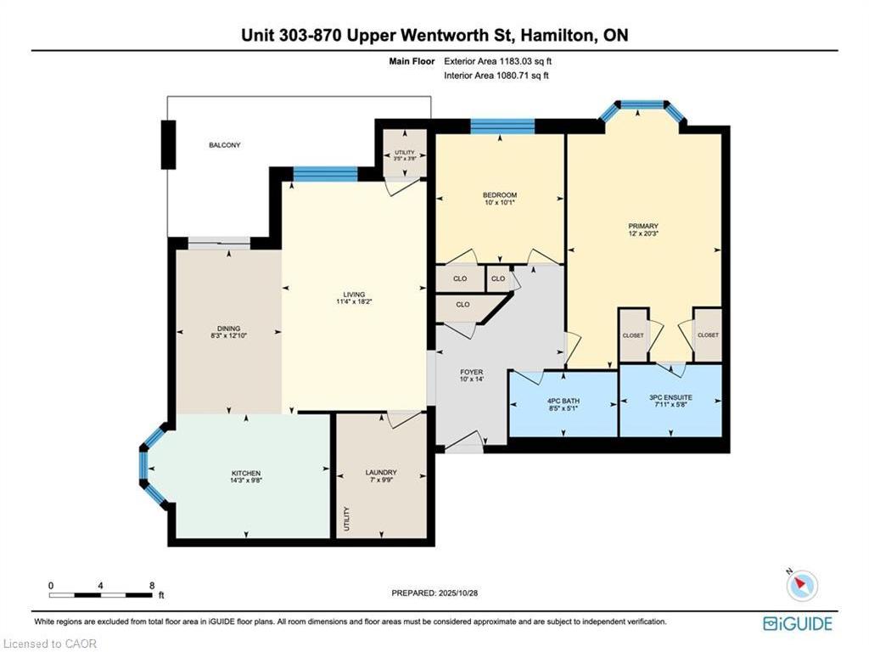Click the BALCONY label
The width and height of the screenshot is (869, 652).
pyautogui.click(x=225, y=145)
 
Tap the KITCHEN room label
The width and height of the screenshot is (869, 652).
pyautogui.click(x=246, y=473)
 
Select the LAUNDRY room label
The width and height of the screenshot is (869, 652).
pyautogui.click(x=381, y=473)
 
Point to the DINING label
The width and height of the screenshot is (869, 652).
pyautogui.click(x=227, y=329)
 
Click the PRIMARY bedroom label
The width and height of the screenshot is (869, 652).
pyautogui.click(x=643, y=226)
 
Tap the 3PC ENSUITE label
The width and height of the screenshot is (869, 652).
pyautogui.click(x=670, y=396)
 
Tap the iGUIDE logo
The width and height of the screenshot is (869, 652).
pyautogui.click(x=797, y=624)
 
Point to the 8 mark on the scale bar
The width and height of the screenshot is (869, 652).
pyautogui.click(x=151, y=586)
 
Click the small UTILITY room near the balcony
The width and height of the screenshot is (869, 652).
pyautogui.click(x=405, y=154)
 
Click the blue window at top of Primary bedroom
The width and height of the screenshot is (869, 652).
pyautogui.click(x=642, y=105)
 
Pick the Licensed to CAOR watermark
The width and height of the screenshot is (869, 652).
pyautogui.click(x=51, y=644)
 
